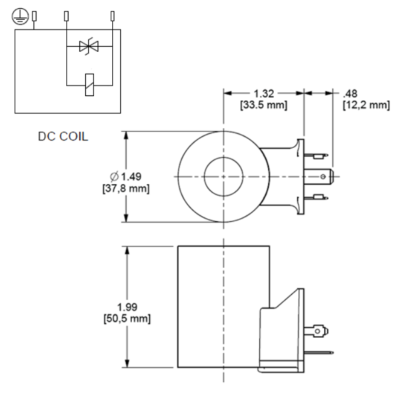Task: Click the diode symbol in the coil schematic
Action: pos(87,47)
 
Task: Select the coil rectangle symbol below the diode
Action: pos(87,85)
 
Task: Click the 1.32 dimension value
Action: pos(265,93)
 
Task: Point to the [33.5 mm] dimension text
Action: pos(265,105)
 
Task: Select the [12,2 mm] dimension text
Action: pos(365,105)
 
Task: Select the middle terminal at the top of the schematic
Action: pos(67,15)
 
